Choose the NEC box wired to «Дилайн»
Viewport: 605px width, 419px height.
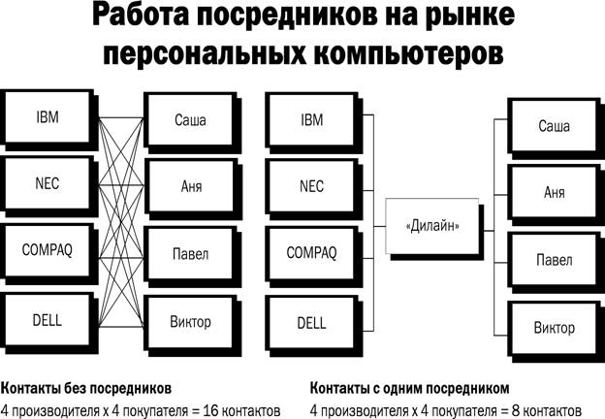(x=313, y=188)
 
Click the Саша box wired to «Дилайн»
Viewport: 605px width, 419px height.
(x=555, y=128)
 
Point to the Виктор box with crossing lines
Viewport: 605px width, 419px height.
(x=192, y=324)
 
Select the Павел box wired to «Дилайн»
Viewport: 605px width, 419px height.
(x=555, y=262)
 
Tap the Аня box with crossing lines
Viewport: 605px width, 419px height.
(x=192, y=188)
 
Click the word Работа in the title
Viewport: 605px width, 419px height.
(x=142, y=16)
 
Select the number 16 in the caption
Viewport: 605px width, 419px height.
(x=211, y=410)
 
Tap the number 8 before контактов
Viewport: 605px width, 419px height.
(x=516, y=410)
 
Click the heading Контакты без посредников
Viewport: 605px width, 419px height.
(x=86, y=389)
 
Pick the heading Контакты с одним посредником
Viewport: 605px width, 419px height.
(x=410, y=389)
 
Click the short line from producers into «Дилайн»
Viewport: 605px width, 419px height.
(x=380, y=226)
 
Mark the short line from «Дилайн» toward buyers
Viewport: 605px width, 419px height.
(x=489, y=231)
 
